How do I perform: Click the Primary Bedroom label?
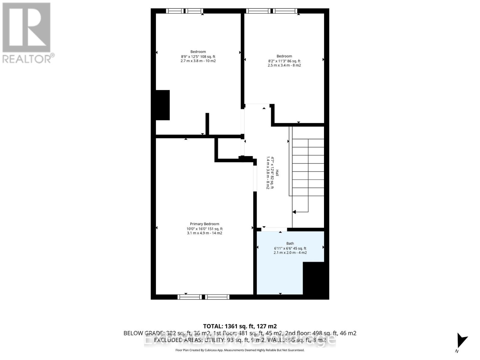204,224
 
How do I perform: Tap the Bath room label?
290,243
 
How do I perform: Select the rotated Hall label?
277,173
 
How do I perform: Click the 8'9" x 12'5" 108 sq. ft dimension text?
198,56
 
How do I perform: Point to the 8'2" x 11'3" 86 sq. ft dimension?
284,61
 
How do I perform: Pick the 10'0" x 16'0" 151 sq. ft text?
204,229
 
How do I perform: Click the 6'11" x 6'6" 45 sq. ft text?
290,248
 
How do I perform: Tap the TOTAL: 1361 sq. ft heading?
240,326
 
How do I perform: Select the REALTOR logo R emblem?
26,27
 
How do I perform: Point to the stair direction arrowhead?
294,212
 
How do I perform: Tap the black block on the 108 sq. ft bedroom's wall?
162,105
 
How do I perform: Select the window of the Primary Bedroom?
203,297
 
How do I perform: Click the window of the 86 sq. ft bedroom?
271,11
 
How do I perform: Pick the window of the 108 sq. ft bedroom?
184,11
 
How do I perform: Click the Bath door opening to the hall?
274,229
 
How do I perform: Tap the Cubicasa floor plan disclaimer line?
240,350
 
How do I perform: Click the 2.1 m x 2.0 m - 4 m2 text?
290,253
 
